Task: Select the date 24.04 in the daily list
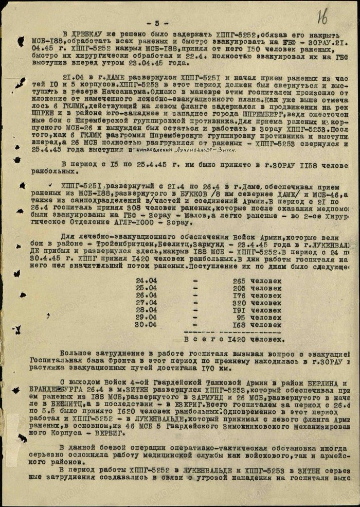click(147, 281)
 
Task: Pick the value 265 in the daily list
click(239, 281)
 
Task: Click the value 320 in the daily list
click(239, 303)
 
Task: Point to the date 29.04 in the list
click(147, 318)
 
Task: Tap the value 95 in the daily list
click(241, 318)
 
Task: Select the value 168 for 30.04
click(239, 325)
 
